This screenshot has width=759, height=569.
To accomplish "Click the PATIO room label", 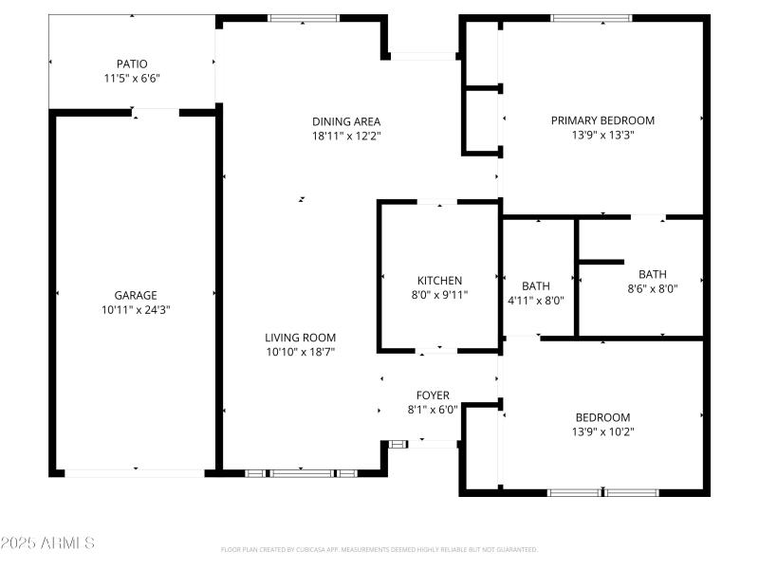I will coord(132,64).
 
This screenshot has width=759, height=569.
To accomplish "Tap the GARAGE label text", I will coord(136,295).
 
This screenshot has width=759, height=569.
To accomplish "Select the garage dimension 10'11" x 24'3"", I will coord(136,309).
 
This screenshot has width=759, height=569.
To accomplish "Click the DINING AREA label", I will coord(346,120).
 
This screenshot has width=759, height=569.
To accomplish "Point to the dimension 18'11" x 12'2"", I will coord(346,135).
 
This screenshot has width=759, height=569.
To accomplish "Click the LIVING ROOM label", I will coord(300,338).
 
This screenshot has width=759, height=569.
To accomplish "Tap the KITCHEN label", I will coord(439,281).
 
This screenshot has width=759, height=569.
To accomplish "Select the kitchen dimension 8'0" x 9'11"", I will coord(439,295).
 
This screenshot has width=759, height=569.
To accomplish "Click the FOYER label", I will coord(433,395).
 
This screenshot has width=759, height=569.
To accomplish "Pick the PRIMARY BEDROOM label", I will coord(602,120).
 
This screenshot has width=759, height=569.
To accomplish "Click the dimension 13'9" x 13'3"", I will coord(602,135).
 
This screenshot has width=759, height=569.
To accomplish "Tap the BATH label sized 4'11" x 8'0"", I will coord(536,286).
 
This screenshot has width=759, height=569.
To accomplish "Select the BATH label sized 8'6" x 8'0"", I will coord(652,274).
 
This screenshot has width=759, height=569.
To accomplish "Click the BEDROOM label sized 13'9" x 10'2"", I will coord(602,417).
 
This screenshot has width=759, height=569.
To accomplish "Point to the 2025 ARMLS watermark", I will coord(47,543).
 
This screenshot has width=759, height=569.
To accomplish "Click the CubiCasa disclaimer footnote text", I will coord(379,549).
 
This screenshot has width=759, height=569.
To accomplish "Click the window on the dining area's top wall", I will coord(304,17).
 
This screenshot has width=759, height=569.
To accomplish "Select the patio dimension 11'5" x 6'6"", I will coord(132,78).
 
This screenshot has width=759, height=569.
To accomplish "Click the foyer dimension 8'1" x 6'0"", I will coord(433,410).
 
